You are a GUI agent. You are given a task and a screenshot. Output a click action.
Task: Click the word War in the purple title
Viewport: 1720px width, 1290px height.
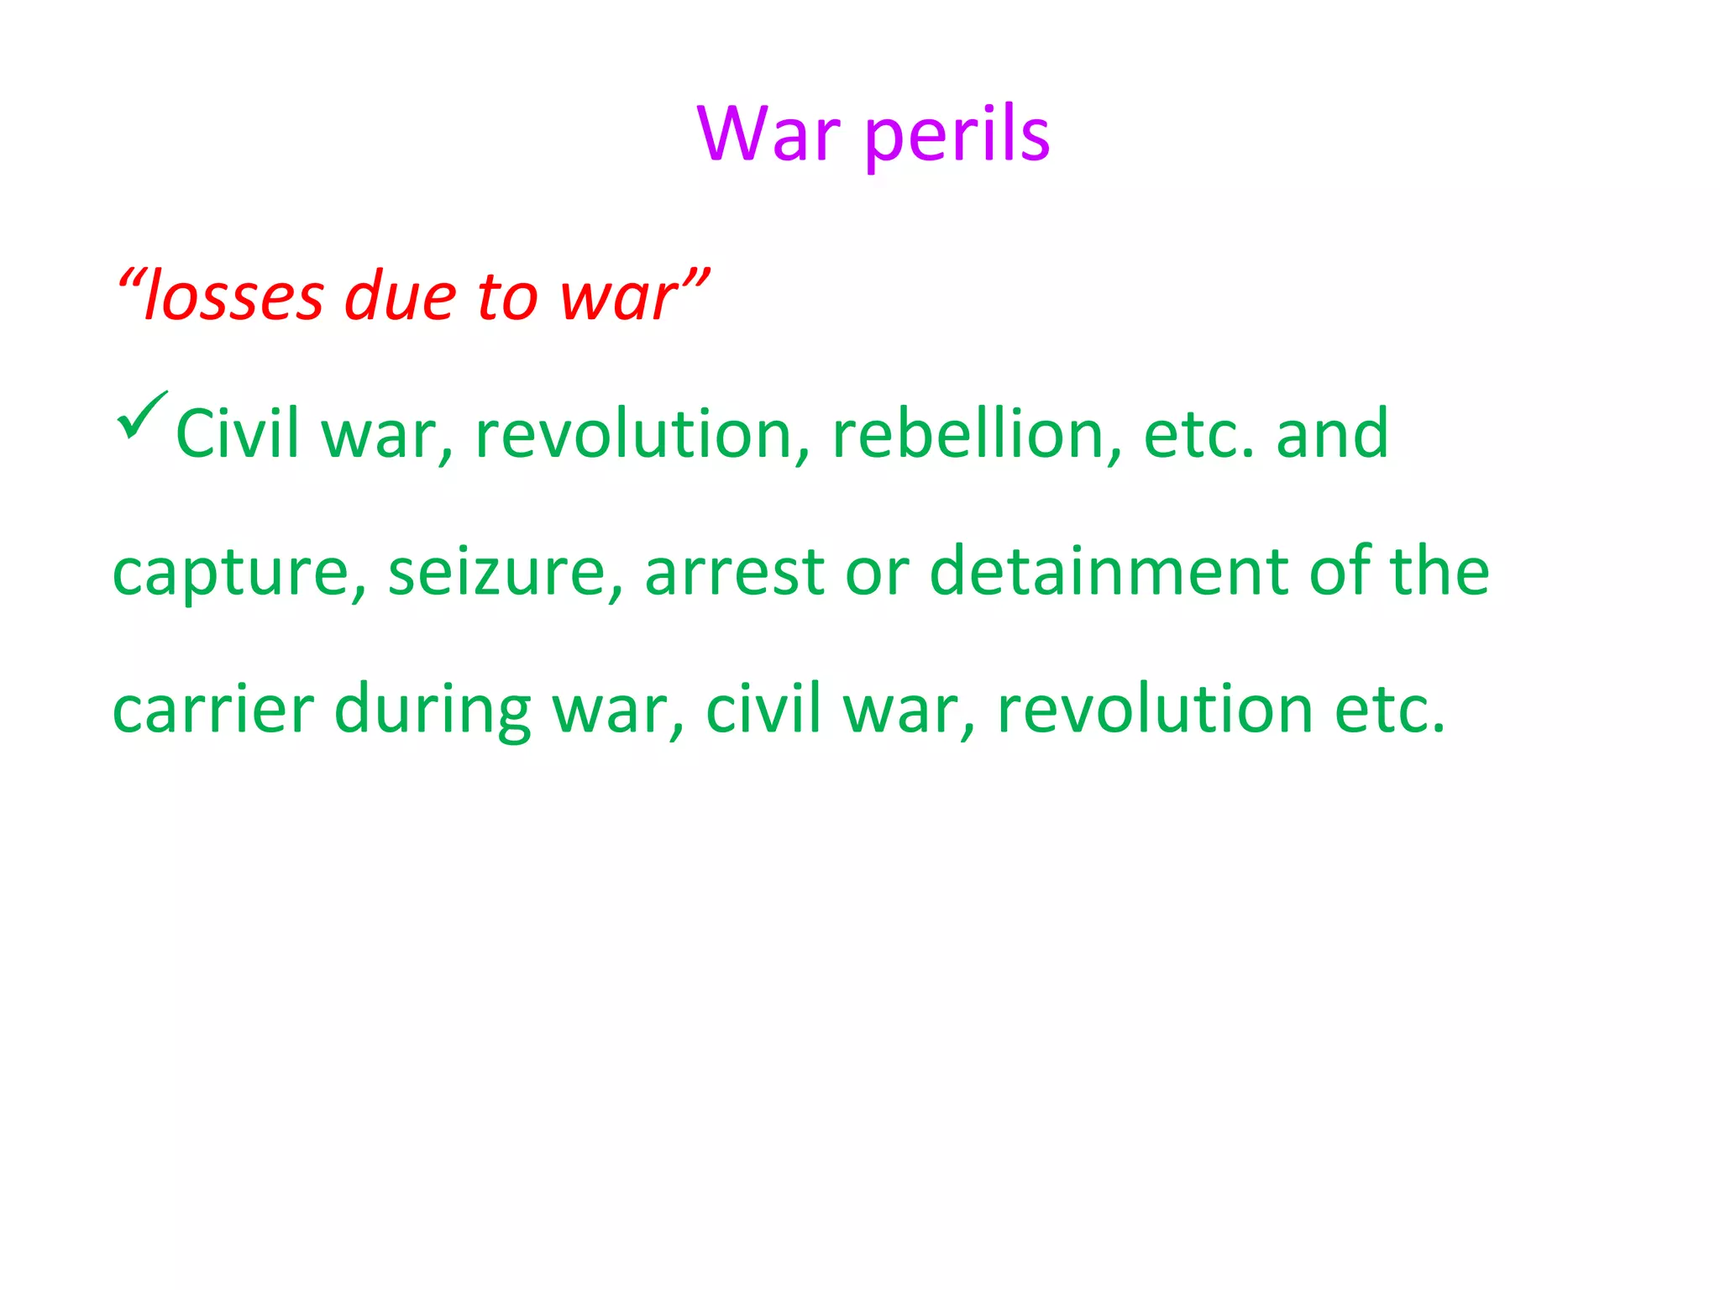(x=768, y=134)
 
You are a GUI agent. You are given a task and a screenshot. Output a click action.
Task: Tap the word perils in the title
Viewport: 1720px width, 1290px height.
(x=957, y=136)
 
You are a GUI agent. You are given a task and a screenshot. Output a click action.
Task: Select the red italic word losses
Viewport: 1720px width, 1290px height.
(x=233, y=297)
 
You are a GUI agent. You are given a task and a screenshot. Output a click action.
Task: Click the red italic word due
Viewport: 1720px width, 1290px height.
(x=401, y=297)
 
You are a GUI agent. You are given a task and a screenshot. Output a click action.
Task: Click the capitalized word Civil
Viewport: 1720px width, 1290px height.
(x=237, y=433)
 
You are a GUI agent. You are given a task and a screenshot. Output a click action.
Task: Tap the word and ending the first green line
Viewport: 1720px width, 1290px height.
(x=1332, y=433)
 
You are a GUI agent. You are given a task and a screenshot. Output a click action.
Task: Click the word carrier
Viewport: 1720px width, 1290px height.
(x=213, y=710)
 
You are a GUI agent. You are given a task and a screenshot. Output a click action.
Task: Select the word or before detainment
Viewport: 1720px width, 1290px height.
(x=877, y=573)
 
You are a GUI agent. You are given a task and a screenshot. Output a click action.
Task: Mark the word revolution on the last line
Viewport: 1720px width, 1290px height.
(x=1155, y=710)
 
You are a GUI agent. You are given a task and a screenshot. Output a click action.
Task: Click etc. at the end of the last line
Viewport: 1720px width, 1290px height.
(x=1390, y=710)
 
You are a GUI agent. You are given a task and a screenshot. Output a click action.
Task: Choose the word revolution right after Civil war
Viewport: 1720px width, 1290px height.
(x=634, y=433)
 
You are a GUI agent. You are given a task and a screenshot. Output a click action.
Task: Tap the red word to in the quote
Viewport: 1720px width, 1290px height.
(x=507, y=297)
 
